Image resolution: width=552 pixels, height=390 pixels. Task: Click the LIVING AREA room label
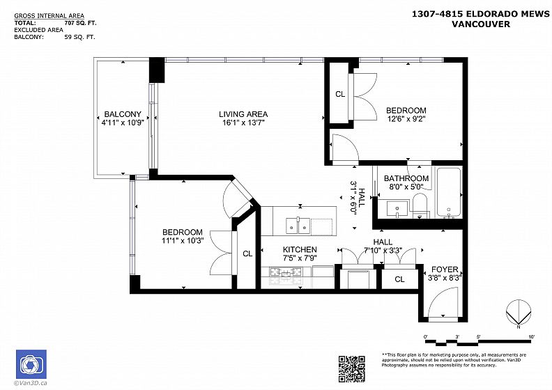click(x=243, y=114)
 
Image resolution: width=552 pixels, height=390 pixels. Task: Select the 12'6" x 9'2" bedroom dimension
click(x=406, y=119)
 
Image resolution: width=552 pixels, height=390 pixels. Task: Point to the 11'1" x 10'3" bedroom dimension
click(x=183, y=240)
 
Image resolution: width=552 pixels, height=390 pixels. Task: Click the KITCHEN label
click(x=300, y=249)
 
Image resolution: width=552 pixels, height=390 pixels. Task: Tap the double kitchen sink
click(x=298, y=226)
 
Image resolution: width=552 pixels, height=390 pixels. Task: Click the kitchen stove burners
click(x=286, y=272)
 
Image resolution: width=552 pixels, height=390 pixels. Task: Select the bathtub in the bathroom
click(x=449, y=192)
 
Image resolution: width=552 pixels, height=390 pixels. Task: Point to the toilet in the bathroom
click(x=420, y=205)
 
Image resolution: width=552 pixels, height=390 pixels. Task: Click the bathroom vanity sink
click(x=397, y=208)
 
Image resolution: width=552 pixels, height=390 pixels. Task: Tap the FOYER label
click(x=445, y=270)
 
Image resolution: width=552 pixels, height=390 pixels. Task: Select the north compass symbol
click(x=519, y=313)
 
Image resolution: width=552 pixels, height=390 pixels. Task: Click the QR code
click(x=352, y=368)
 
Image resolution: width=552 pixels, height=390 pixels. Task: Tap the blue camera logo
click(x=31, y=364)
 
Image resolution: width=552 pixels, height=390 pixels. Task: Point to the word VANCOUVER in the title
click(x=481, y=24)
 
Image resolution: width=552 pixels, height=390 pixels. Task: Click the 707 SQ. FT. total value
click(x=81, y=23)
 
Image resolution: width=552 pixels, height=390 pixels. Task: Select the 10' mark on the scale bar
click(x=532, y=336)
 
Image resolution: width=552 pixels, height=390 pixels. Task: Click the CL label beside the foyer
click(x=399, y=279)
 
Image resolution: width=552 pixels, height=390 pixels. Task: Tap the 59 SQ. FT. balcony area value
click(x=79, y=37)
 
